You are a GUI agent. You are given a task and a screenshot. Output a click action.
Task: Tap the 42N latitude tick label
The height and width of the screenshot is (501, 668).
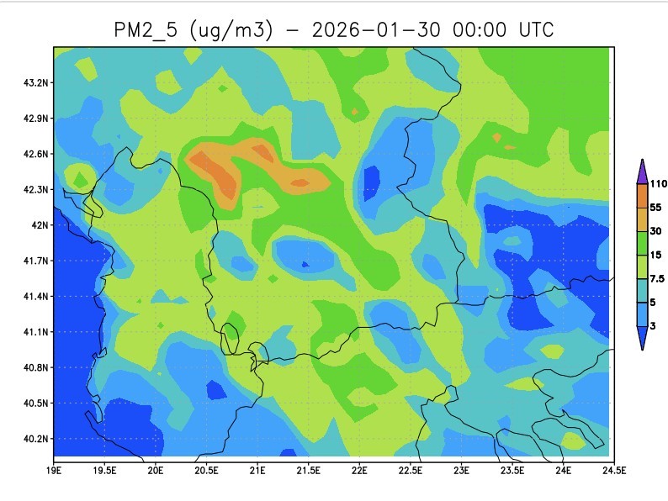(40, 225)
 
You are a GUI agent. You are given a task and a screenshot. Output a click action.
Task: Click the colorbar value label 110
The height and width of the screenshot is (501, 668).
(659, 183)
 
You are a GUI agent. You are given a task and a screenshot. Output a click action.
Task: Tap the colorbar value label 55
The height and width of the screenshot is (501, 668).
(656, 207)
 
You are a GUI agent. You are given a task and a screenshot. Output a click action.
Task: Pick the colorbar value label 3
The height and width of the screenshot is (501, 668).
(654, 324)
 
